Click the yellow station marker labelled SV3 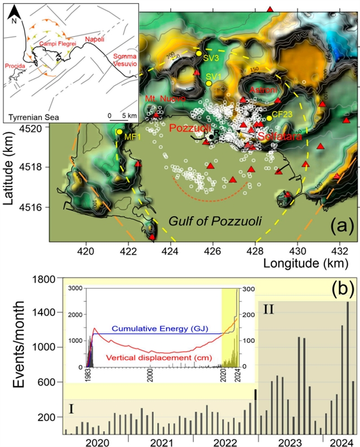click(x=199, y=53)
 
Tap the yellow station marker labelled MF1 click(x=119, y=132)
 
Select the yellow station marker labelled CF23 click(x=269, y=118)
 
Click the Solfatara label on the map click(x=281, y=136)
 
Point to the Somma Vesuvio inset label click(x=124, y=61)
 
